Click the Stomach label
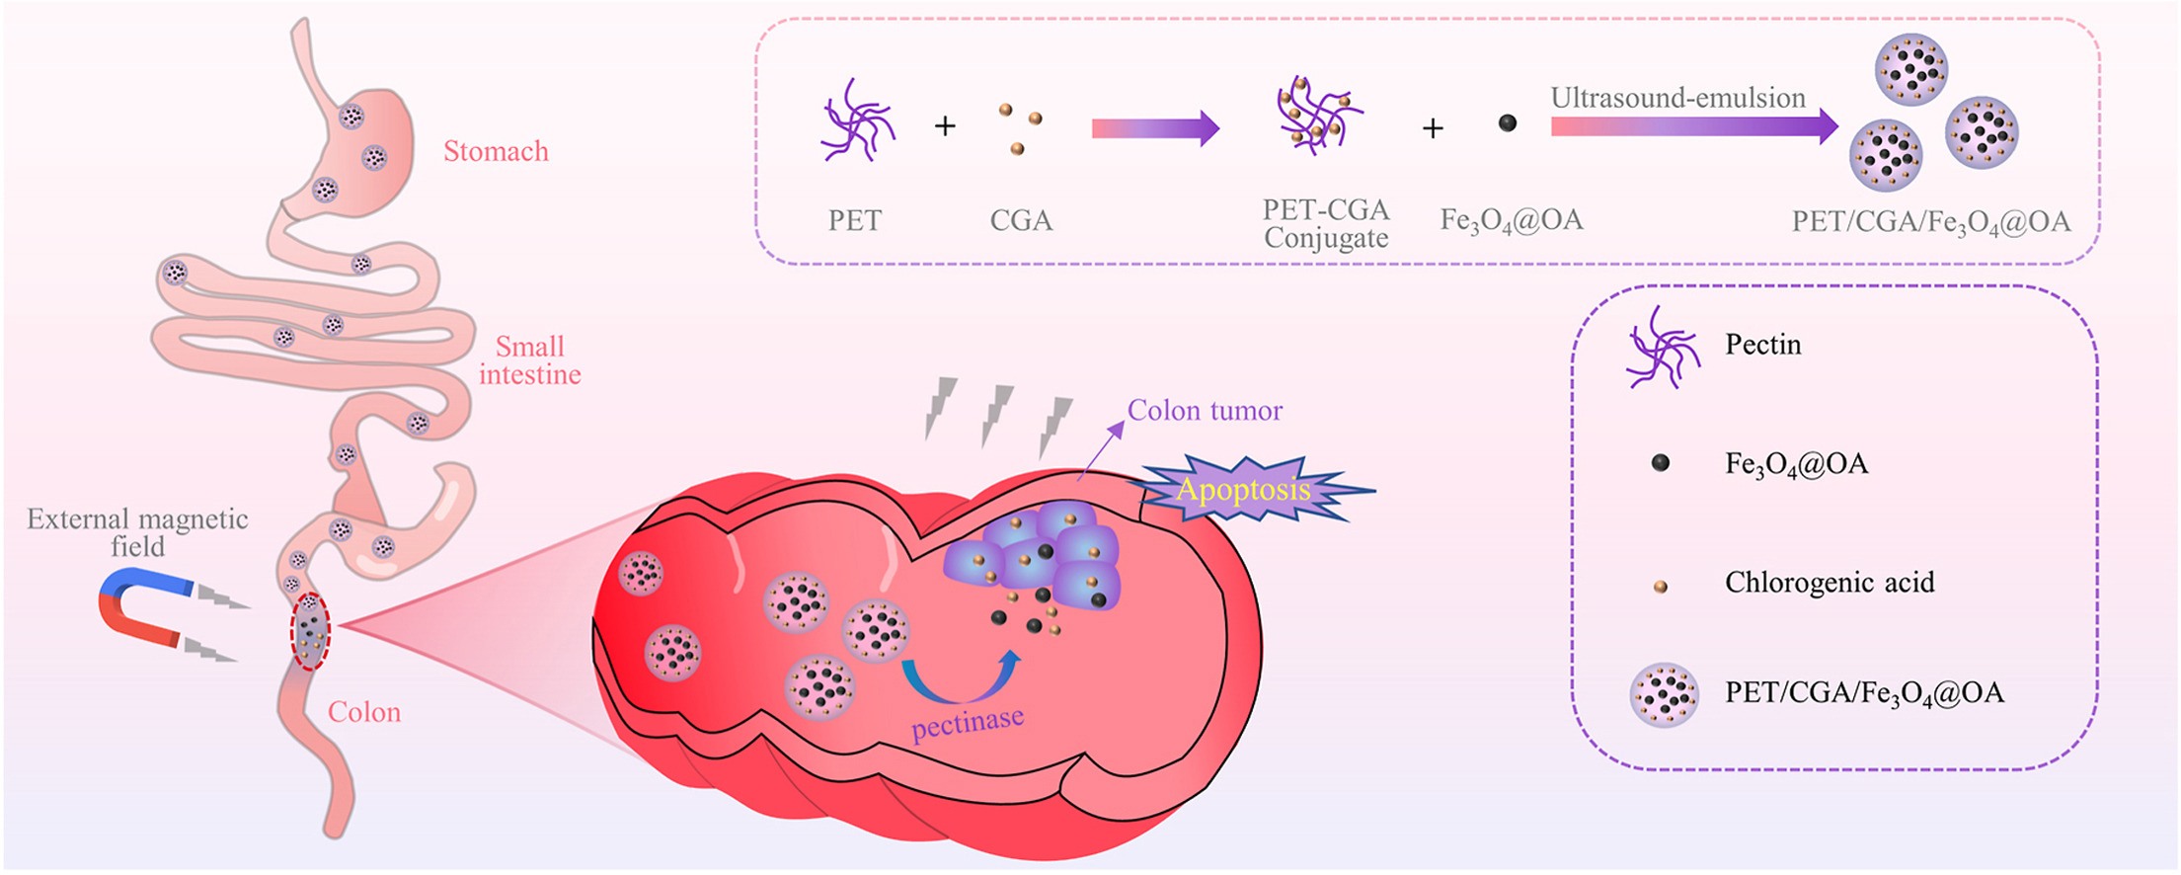[x=495, y=151]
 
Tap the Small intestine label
[x=529, y=360]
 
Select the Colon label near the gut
[x=364, y=712]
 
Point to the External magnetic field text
[x=137, y=532]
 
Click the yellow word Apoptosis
[x=1243, y=490]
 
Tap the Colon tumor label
[x=1205, y=411]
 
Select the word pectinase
[x=968, y=723]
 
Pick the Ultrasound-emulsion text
[x=1677, y=98]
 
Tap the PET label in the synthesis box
[x=854, y=220]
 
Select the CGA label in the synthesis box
[x=1021, y=220]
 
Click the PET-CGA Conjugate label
[x=1326, y=224]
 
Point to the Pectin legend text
[x=1762, y=345]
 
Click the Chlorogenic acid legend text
[x=1829, y=583]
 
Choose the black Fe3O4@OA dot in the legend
[x=1661, y=463]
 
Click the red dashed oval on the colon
[x=310, y=631]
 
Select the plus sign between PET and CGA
[x=945, y=126]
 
